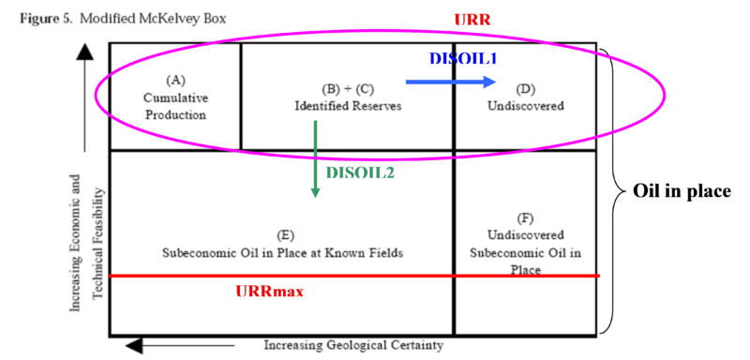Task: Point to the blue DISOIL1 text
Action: [x=462, y=58]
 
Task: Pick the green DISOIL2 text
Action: [x=359, y=172]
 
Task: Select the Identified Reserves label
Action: [x=347, y=106]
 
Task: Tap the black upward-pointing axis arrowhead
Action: [x=85, y=53]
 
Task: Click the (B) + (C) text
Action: [x=347, y=90]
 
